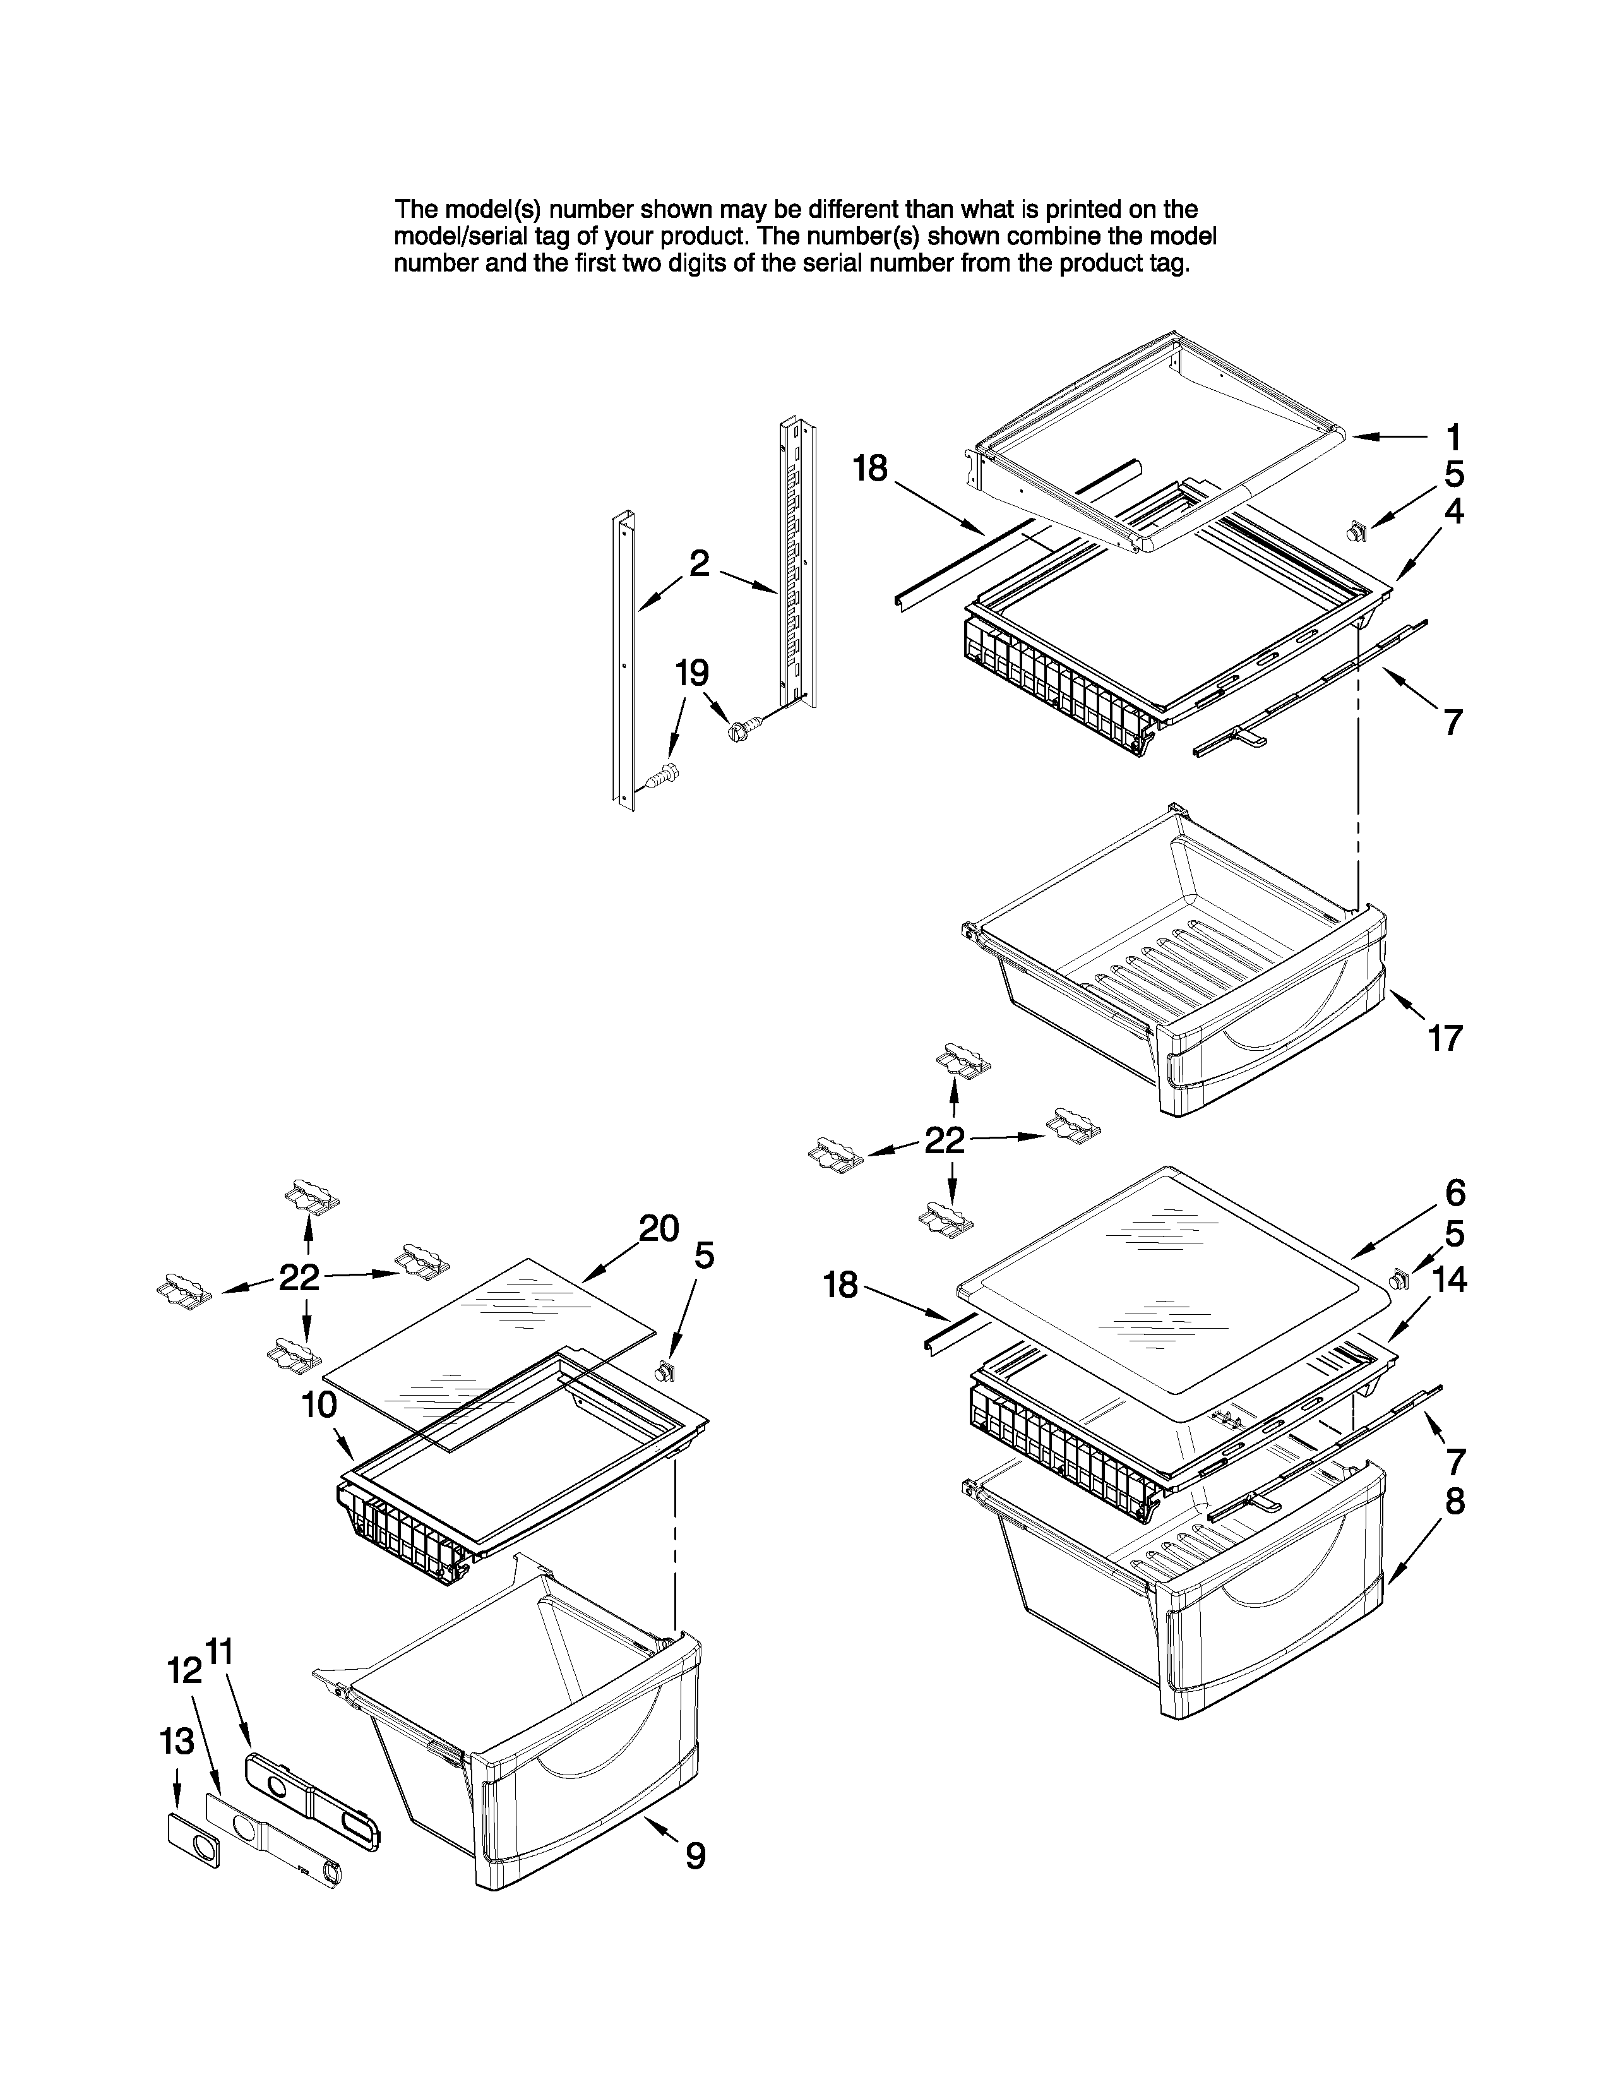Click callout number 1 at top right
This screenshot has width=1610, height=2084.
[1453, 438]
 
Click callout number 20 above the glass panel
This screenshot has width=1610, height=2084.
[658, 1228]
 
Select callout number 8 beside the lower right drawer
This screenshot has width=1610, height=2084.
[1453, 1501]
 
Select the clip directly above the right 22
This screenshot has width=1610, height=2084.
[964, 1059]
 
